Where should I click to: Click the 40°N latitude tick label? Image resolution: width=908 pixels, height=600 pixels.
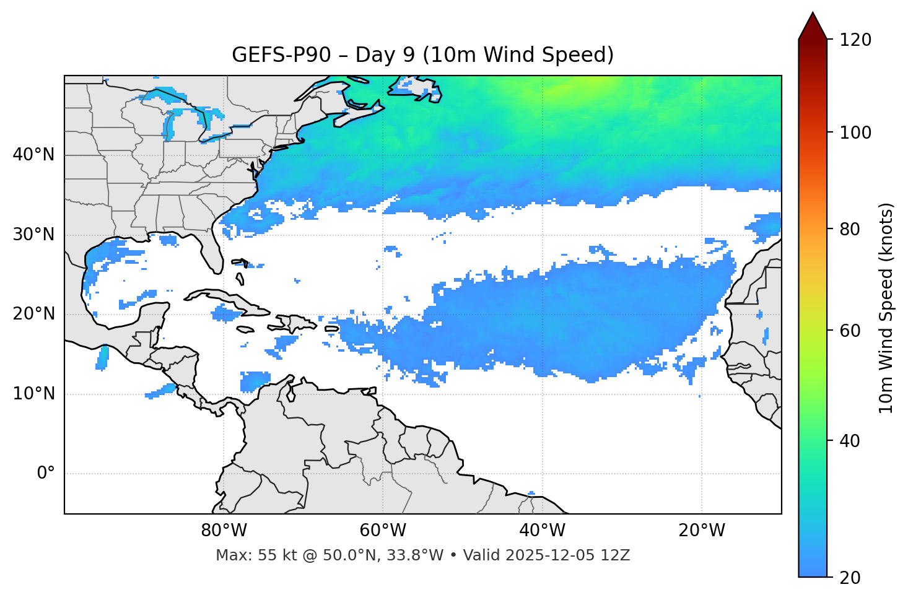coord(33,155)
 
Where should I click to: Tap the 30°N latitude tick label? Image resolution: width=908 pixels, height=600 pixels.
coord(33,235)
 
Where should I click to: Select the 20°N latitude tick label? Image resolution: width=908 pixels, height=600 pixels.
coord(33,314)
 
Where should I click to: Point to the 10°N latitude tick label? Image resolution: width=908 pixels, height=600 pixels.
coord(33,394)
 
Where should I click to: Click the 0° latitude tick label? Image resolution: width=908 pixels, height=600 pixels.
coord(46,474)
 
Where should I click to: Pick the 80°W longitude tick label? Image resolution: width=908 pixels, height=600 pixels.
coord(224,531)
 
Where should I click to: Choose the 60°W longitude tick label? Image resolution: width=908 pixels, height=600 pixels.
coord(383,531)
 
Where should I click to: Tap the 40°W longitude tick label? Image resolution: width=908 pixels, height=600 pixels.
coord(542,531)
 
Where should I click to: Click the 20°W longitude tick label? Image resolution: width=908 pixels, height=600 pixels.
coord(701,531)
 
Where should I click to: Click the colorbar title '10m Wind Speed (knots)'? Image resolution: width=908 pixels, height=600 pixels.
coord(886,308)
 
